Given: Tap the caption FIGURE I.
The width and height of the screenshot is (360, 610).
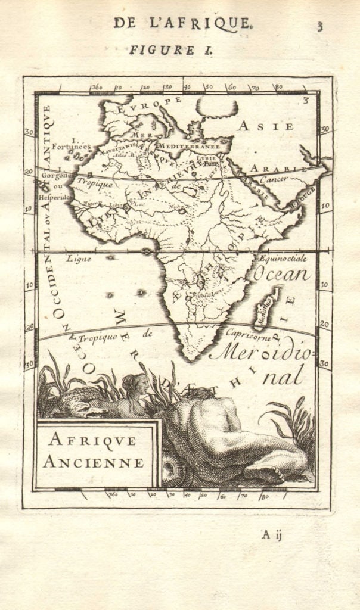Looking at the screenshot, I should [171, 51].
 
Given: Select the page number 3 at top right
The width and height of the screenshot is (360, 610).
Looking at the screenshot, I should [320, 26].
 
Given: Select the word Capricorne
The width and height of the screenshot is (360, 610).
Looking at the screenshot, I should [249, 335].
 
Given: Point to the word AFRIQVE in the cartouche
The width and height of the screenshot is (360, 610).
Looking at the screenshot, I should [92, 441].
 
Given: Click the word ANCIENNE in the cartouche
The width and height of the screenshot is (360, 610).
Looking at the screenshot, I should [95, 462].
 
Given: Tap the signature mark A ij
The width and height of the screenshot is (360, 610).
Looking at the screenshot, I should [271, 534].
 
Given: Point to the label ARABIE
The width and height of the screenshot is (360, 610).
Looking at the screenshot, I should [269, 169].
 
